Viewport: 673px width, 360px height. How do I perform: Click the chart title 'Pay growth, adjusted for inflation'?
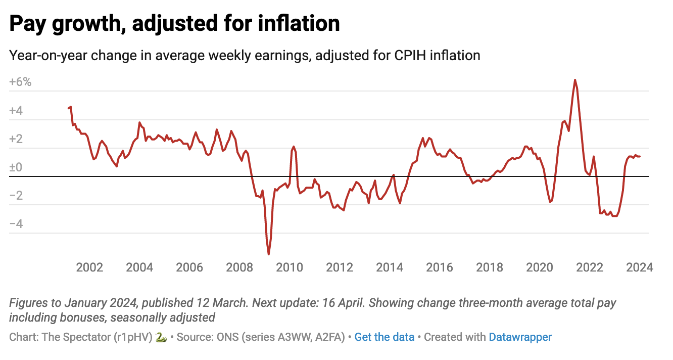[174, 24]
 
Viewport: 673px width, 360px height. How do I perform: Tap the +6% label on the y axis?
[20, 82]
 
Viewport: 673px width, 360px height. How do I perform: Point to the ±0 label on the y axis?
[16, 167]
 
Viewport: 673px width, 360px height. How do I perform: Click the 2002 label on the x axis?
[90, 267]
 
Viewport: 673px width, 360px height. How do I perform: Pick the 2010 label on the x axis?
[290, 267]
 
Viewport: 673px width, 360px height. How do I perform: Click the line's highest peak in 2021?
[575, 80]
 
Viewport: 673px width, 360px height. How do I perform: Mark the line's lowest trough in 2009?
[268, 254]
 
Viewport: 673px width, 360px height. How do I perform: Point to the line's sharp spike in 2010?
[294, 146]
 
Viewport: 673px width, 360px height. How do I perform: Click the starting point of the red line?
[68, 108]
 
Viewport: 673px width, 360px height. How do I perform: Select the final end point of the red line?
[640, 156]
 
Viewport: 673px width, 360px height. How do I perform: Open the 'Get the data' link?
[384, 337]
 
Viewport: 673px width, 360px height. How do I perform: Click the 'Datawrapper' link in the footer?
[520, 337]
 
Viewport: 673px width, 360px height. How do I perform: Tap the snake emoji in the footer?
[161, 337]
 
